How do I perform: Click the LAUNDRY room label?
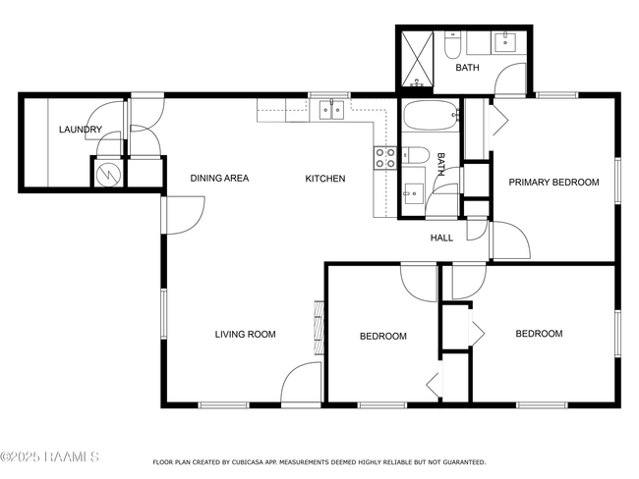coord(81,130)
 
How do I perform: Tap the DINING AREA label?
coord(219,178)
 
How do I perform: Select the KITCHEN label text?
coord(325,179)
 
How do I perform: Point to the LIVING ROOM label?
coord(246,334)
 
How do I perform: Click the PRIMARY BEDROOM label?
coord(553,182)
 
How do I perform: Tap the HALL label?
coord(441,238)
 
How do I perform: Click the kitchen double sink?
coord(331,110)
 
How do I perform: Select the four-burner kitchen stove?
coord(385,158)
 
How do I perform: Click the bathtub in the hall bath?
coord(431,115)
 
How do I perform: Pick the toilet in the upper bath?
coord(452,45)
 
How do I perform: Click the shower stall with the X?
coord(418,59)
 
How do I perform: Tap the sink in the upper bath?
coord(505,43)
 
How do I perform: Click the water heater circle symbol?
coord(108,173)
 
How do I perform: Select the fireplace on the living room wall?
coord(319,327)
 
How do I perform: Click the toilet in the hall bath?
coord(416,155)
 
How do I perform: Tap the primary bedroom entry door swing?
coord(511,240)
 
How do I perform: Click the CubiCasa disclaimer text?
coord(319,462)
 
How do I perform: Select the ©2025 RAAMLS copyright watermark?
coord(49,456)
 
